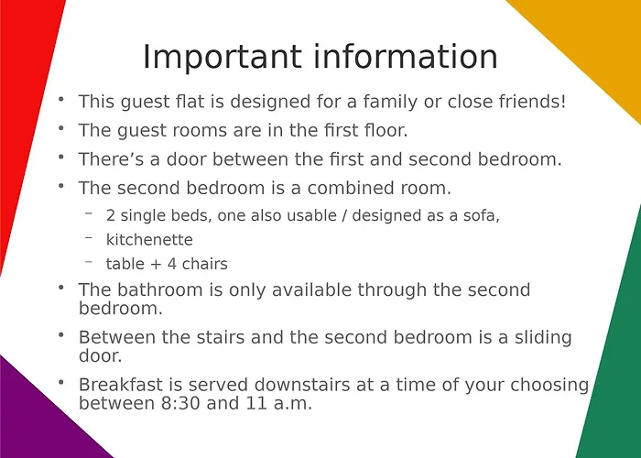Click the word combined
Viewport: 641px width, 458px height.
click(x=352, y=188)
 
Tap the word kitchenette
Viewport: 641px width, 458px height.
click(x=149, y=240)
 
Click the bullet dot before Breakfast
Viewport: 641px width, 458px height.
click(x=60, y=381)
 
